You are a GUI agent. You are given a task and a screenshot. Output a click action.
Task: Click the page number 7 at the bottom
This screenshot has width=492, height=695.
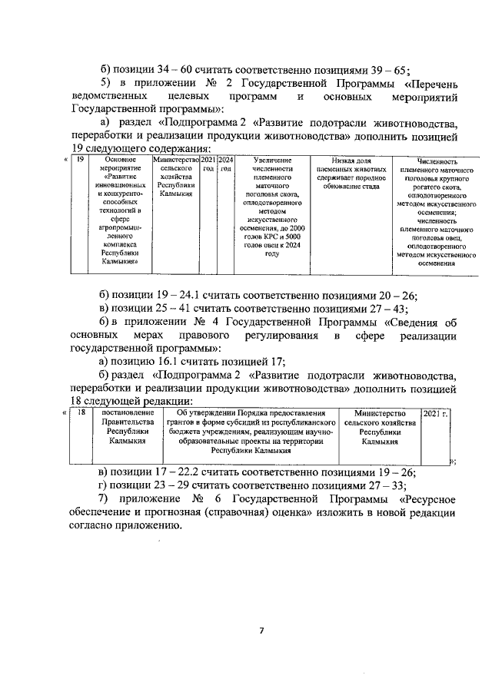pyautogui.click(x=261, y=631)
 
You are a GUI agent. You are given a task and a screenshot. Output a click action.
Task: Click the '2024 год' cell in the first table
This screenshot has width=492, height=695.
pyautogui.click(x=225, y=164)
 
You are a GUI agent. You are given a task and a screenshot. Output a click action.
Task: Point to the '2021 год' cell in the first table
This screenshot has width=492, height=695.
pyautogui.click(x=208, y=164)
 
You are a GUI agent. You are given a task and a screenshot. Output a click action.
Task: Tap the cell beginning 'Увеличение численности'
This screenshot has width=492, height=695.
pyautogui.click(x=265, y=207)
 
